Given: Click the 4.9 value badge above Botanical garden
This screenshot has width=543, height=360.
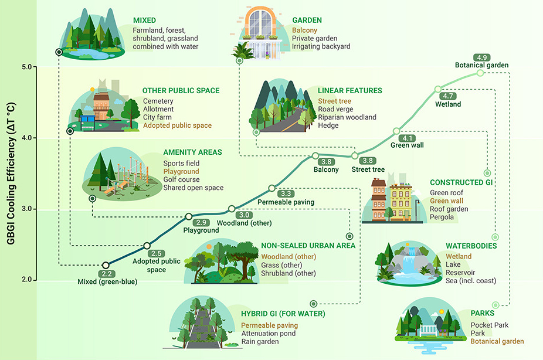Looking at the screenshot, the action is pyautogui.click(x=481, y=57).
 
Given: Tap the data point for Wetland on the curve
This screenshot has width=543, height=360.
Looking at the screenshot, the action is pyautogui.click(x=438, y=89).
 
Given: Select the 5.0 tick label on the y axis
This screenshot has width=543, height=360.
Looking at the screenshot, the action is pyautogui.click(x=26, y=67).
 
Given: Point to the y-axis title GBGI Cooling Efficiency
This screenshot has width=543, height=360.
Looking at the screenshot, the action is pyautogui.click(x=11, y=173).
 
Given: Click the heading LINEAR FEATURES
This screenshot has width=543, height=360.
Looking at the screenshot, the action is pyautogui.click(x=349, y=91).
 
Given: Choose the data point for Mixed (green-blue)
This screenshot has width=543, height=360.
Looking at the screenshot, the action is pyautogui.click(x=106, y=265).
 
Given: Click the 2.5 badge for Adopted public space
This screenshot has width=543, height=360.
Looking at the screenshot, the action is pyautogui.click(x=156, y=253).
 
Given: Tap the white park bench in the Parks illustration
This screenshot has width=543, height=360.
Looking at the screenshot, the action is pyautogui.click(x=429, y=331).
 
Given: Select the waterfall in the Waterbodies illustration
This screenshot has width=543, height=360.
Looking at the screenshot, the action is pyautogui.click(x=411, y=259).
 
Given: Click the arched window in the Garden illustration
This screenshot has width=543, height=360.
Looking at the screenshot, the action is pyautogui.click(x=261, y=22).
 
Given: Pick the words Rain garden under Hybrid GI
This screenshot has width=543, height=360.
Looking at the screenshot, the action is pyautogui.click(x=260, y=342).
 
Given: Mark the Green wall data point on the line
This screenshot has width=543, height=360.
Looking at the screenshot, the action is pyautogui.click(x=396, y=131).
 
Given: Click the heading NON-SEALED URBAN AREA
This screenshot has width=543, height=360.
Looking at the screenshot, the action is pyautogui.click(x=308, y=246).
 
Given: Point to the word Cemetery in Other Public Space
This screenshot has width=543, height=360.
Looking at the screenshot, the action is pyautogui.click(x=158, y=101).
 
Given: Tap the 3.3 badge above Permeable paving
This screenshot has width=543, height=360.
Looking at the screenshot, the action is pyautogui.click(x=286, y=193).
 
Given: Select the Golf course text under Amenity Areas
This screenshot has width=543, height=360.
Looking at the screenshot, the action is pyautogui.click(x=181, y=179).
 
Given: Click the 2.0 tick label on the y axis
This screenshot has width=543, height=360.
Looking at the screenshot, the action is pyautogui.click(x=26, y=280).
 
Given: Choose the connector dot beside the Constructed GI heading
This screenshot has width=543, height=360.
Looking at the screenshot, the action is pyautogui.click(x=487, y=173).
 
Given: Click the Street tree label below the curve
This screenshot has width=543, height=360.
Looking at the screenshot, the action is pyautogui.click(x=368, y=169).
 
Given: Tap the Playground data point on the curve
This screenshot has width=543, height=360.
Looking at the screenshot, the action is pyautogui.click(x=189, y=216).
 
